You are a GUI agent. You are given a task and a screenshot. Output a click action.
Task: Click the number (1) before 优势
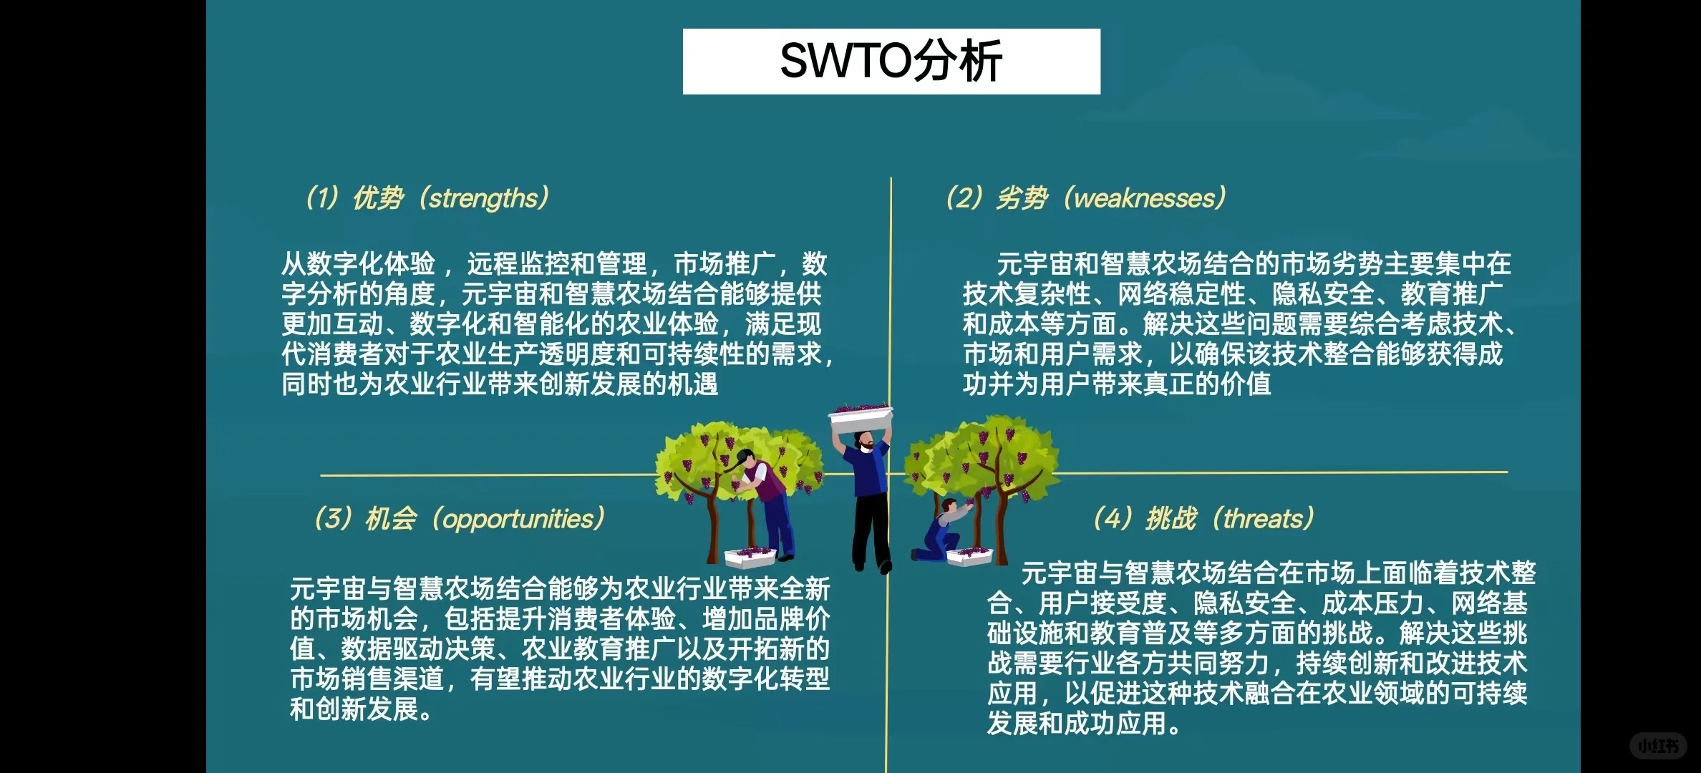tap(321, 198)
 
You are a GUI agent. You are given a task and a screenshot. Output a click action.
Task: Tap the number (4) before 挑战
tap(1112, 519)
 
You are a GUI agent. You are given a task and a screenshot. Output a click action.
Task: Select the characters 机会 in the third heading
tap(391, 519)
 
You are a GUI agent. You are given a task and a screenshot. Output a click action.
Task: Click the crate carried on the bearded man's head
tap(861, 416)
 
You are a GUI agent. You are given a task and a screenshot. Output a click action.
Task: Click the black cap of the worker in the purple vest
tap(745, 456)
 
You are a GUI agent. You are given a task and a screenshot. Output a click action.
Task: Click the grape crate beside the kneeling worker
tap(969, 555)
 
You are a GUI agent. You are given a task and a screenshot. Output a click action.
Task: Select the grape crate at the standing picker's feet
tap(749, 555)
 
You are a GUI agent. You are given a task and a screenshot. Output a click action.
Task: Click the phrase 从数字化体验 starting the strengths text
tap(358, 264)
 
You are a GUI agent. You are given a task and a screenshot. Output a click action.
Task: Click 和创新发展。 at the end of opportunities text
tap(361, 709)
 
